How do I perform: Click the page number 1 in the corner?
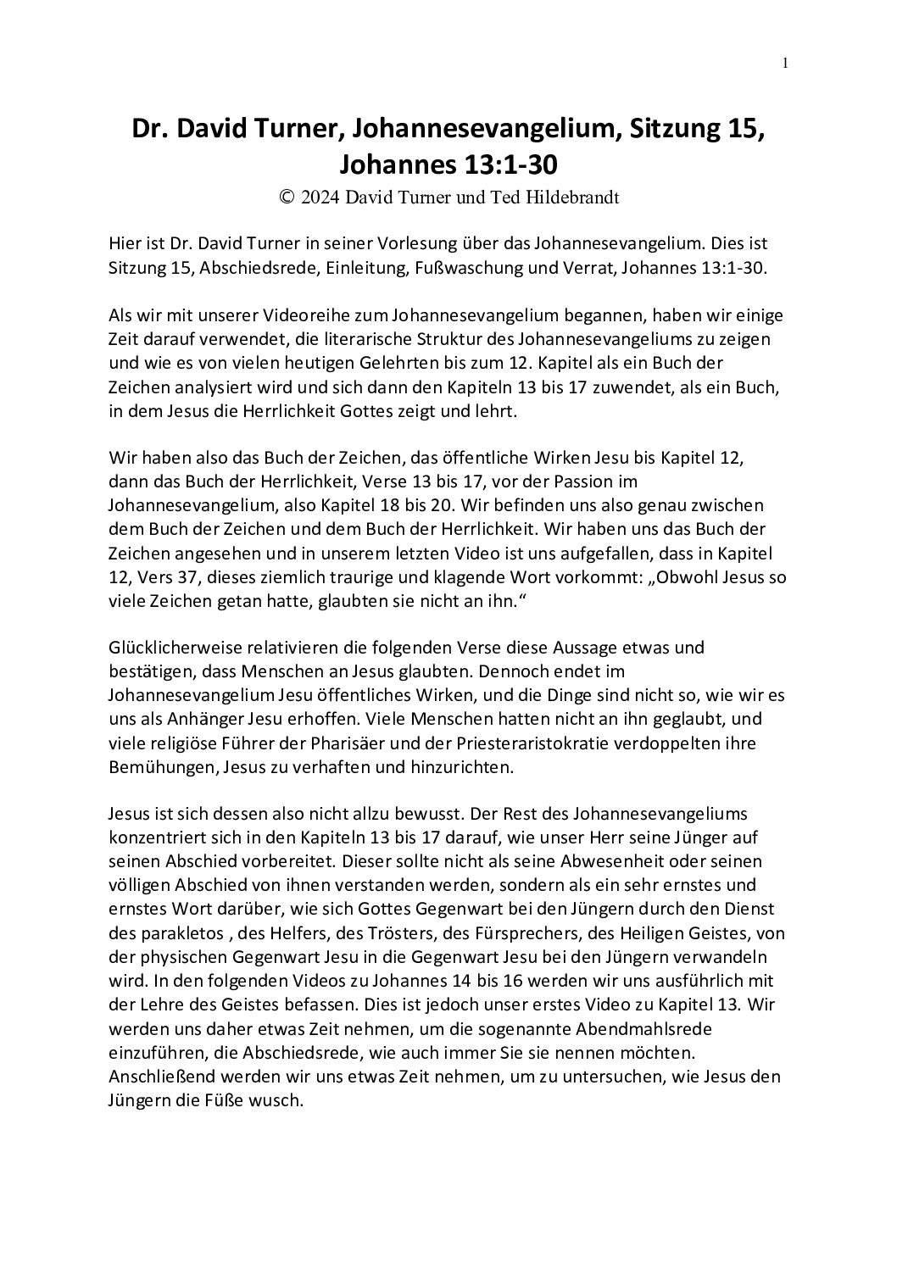pos(786,62)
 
